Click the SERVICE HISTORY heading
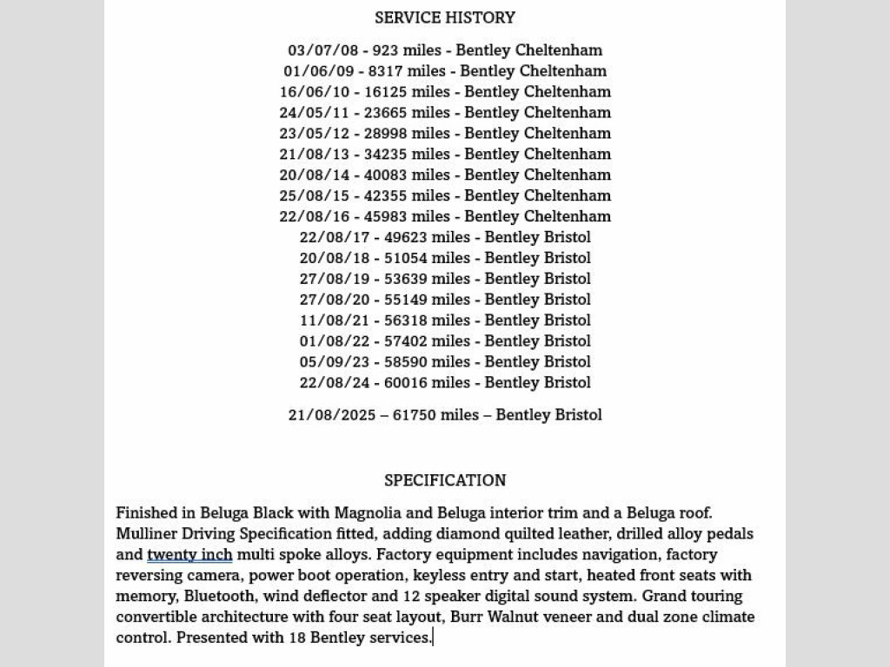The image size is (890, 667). click(445, 17)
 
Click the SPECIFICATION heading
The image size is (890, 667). click(445, 480)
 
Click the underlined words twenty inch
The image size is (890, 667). click(189, 555)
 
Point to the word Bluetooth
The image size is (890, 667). click(219, 597)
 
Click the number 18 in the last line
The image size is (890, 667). click(297, 638)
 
